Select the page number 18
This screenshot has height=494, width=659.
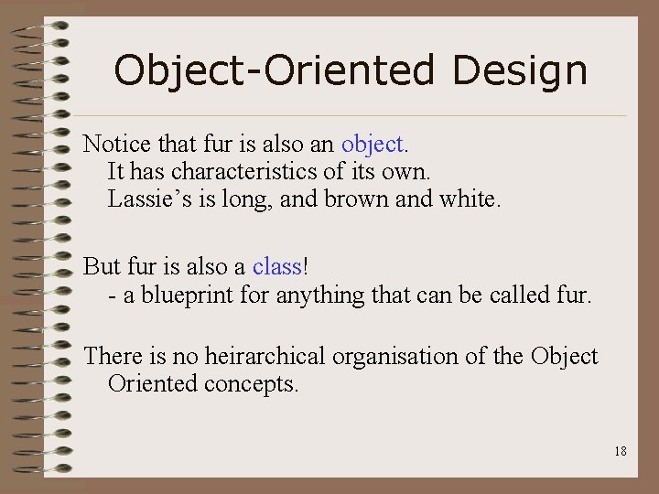(x=621, y=451)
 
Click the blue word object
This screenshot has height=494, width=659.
(x=374, y=144)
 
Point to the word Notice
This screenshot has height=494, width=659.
(x=112, y=144)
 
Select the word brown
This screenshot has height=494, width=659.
(x=353, y=199)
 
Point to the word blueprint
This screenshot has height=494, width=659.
(x=175, y=295)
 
